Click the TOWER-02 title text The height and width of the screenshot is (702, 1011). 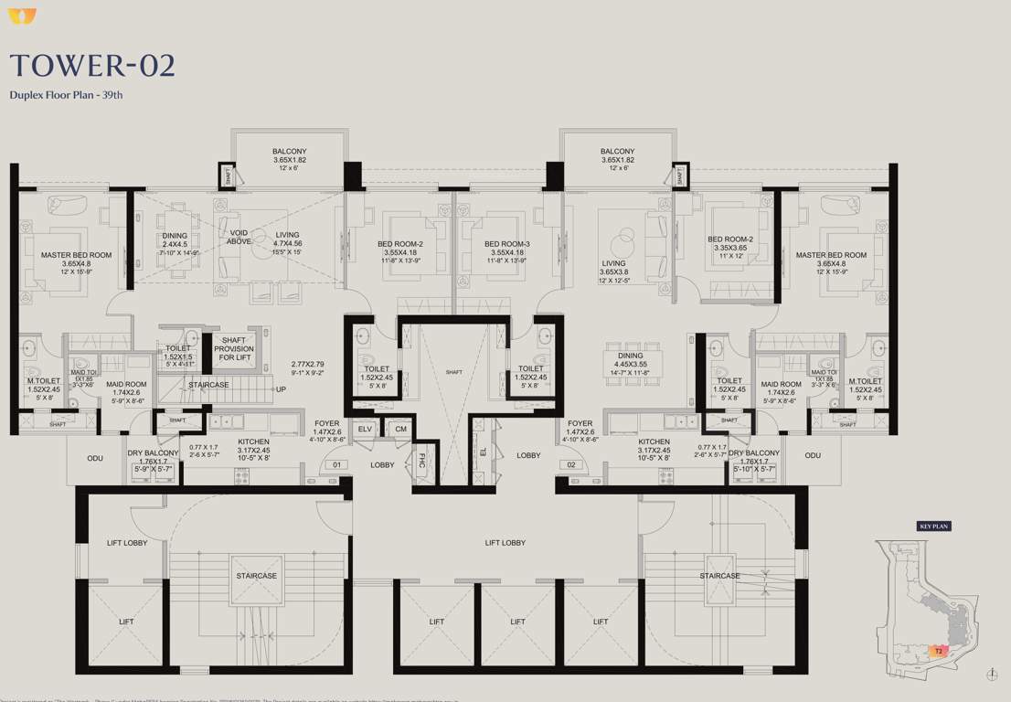(91, 66)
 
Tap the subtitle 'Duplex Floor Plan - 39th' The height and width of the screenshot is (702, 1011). (66, 94)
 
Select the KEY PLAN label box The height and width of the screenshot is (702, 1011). (934, 526)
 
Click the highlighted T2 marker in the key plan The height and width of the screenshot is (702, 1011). (938, 651)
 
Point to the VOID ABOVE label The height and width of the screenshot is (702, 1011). (239, 237)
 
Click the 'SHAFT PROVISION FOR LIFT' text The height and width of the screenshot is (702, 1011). (234, 348)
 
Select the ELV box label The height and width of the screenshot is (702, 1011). (365, 429)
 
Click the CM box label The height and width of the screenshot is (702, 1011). (399, 429)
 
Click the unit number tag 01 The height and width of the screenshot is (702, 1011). (336, 465)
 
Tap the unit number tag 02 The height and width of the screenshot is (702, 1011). (573, 465)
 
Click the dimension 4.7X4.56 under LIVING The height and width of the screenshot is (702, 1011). (287, 244)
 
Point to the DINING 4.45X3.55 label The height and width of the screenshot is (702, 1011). (630, 361)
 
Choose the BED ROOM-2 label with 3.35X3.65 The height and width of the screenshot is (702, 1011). (729, 243)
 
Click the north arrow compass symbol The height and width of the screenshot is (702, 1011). (992, 675)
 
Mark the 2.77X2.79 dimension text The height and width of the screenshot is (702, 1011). (307, 364)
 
